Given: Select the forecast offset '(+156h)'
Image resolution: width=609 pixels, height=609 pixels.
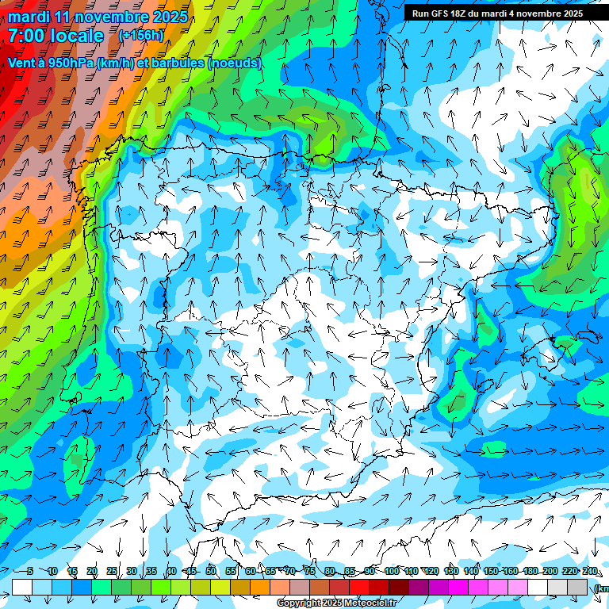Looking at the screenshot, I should tap(141, 36).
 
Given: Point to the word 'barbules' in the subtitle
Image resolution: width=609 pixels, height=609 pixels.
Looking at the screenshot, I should tap(174, 63).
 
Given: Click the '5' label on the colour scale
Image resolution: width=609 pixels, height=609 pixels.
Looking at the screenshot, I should tap(29, 571).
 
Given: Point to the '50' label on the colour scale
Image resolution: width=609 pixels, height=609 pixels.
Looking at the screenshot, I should tap(211, 571).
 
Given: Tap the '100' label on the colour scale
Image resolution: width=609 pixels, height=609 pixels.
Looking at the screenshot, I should tap(391, 571).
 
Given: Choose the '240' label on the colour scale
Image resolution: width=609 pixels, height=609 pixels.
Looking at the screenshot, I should tap(590, 571).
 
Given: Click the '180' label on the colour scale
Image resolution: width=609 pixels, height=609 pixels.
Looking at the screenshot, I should tap(530, 571).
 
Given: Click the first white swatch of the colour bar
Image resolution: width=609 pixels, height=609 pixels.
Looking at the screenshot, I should tap(22, 587).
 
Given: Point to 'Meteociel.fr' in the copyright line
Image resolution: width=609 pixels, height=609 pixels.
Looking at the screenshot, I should tap(371, 603).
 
